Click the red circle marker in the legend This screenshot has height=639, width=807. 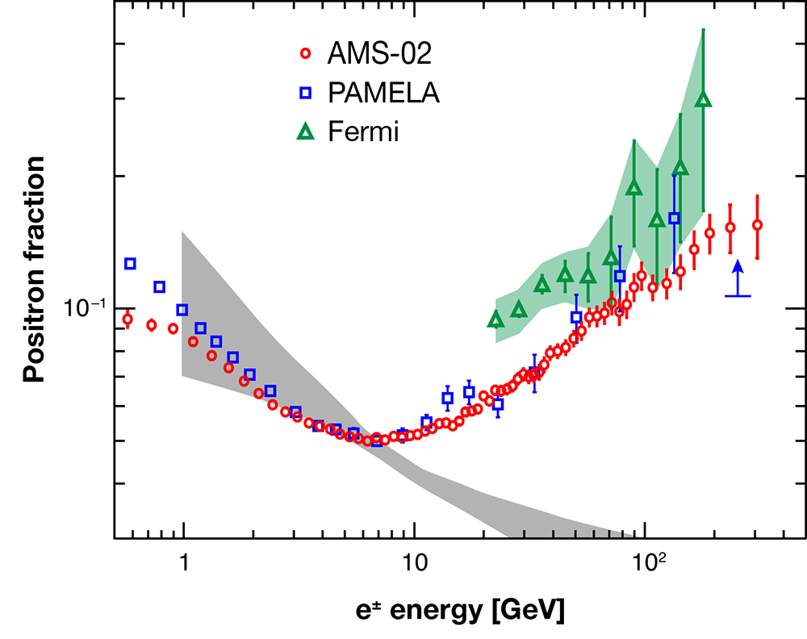tap(305, 54)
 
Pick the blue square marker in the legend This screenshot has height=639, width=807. tap(305, 93)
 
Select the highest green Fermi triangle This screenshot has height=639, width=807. tap(703, 99)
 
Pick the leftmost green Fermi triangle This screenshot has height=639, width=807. tap(495, 320)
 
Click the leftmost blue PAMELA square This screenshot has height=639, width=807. tap(130, 263)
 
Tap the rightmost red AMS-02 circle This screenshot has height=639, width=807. tap(757, 225)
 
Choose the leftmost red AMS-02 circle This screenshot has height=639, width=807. tap(128, 319)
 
